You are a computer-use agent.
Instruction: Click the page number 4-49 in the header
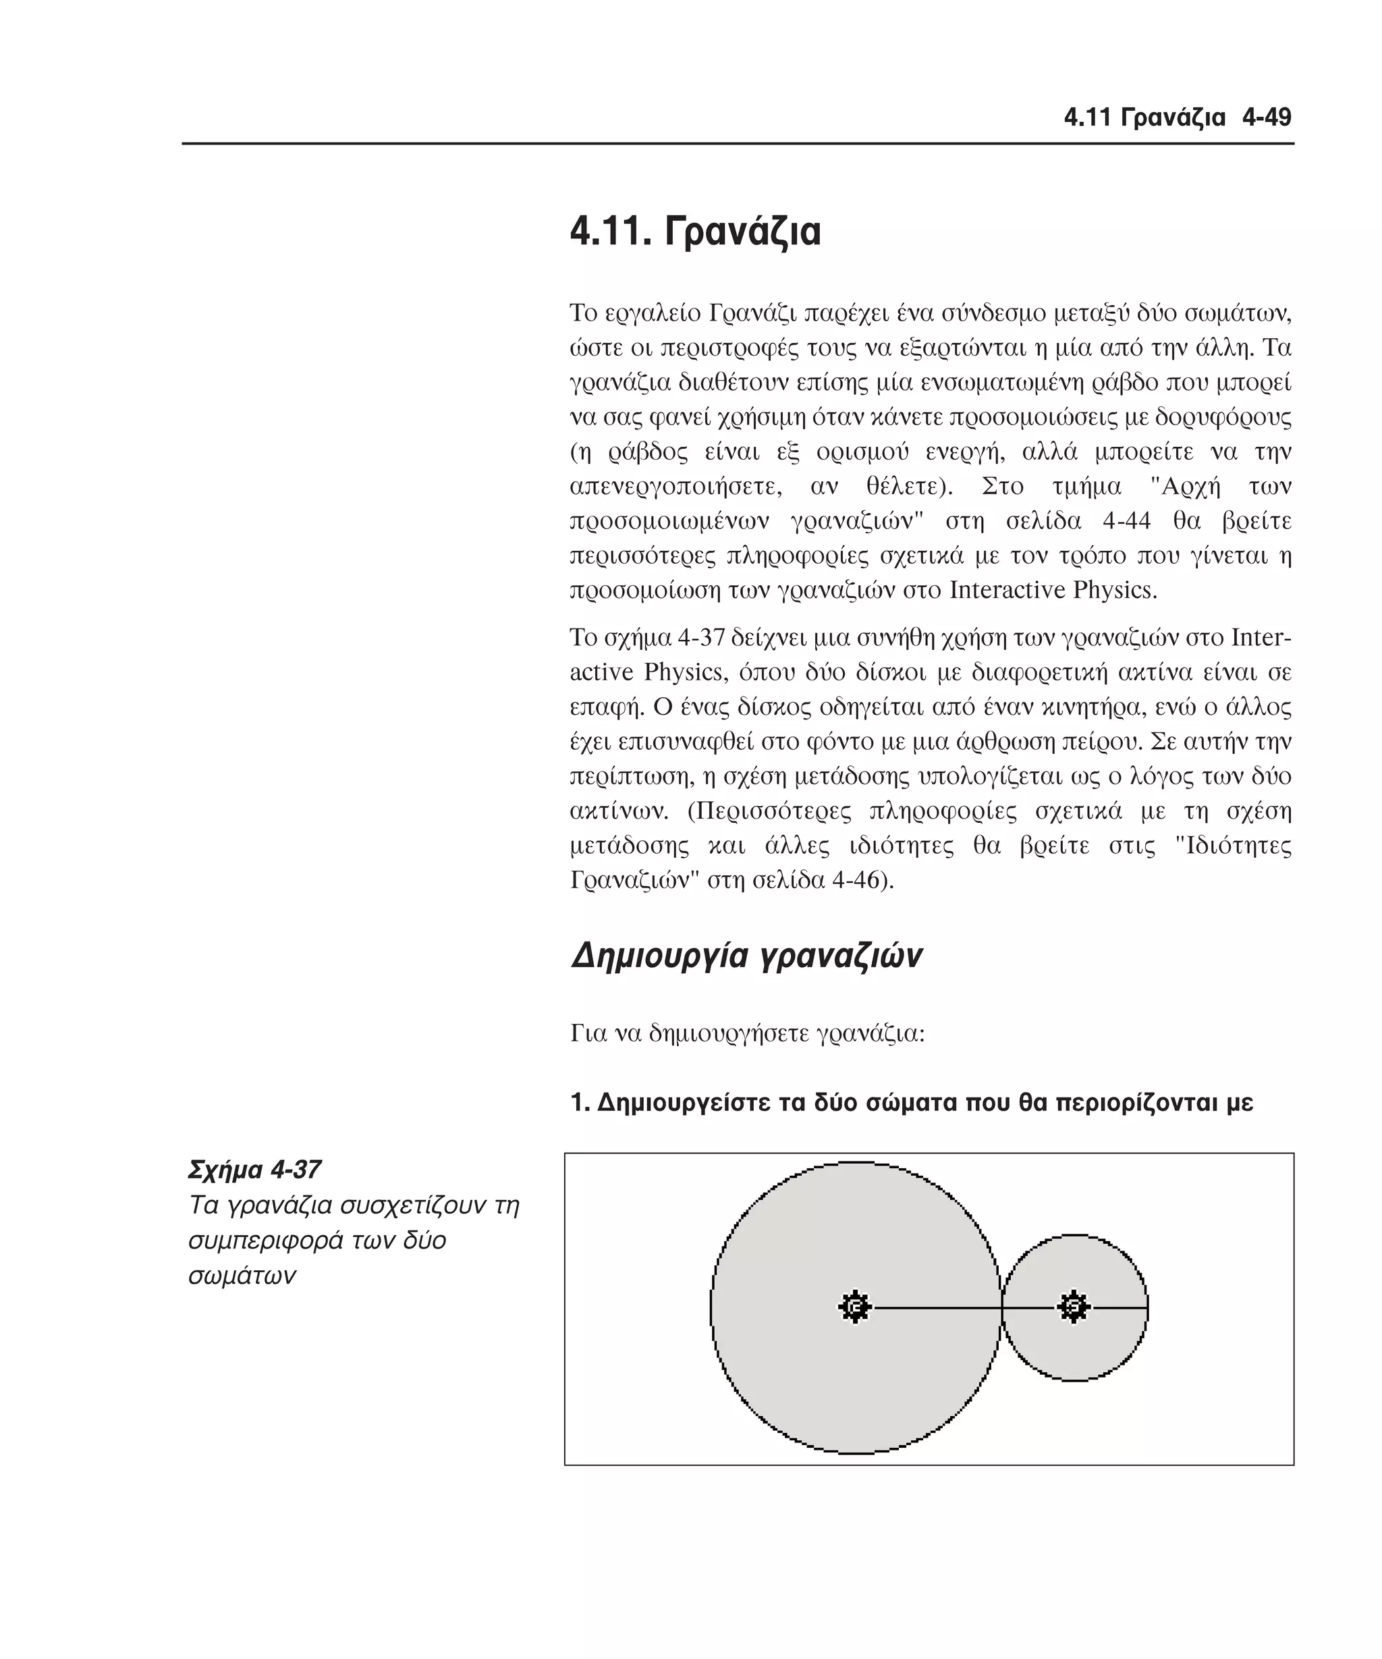tap(1266, 117)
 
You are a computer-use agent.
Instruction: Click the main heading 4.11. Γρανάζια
tap(695, 232)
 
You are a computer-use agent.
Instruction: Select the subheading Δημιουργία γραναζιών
tap(746, 955)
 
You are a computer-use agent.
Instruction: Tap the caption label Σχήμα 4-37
tap(254, 1169)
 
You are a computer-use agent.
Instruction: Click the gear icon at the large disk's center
tap(854, 1307)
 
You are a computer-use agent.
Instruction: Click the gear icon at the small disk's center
tap(1073, 1307)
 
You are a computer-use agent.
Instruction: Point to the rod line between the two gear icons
tap(940, 1308)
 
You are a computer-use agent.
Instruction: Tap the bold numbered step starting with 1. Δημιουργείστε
tap(912, 1102)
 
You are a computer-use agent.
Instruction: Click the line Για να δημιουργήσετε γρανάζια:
tap(747, 1033)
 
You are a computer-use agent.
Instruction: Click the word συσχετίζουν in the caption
tap(405, 1205)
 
